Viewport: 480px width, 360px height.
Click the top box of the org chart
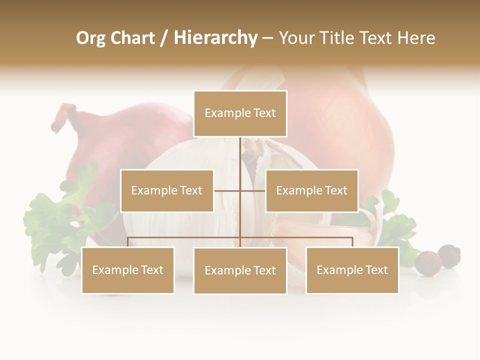tap(240, 113)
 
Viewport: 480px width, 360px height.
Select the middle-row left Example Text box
tap(167, 190)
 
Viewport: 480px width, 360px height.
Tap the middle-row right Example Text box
tap(311, 190)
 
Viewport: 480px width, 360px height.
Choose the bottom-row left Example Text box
tap(128, 270)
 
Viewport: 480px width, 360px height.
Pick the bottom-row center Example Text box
tap(240, 270)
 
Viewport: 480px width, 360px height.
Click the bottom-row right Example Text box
tap(352, 270)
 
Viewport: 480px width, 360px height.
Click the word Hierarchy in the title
tap(215, 38)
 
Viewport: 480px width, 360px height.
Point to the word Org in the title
tap(90, 38)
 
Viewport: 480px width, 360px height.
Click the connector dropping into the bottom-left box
tap(128, 242)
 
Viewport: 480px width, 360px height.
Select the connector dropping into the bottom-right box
tap(352, 242)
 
